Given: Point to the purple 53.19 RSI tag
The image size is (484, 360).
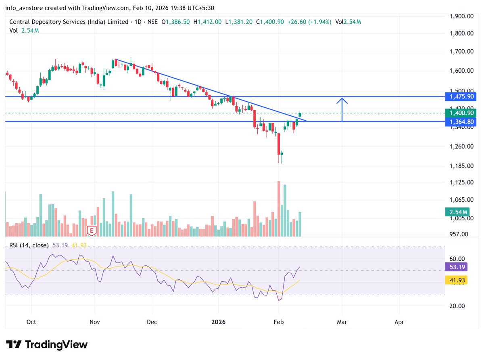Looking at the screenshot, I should [x=456, y=267].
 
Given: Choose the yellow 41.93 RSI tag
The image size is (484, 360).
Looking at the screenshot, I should [x=456, y=280].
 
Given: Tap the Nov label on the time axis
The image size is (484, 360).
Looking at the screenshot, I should [x=94, y=322].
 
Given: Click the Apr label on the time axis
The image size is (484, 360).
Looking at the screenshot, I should [x=399, y=322].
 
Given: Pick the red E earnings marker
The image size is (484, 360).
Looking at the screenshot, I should [x=92, y=231].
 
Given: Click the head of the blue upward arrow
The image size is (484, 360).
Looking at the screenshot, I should [x=342, y=99].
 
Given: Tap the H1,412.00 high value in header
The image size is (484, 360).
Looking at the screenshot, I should [x=207, y=22].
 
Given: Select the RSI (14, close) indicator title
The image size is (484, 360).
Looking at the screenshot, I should [x=29, y=245].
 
